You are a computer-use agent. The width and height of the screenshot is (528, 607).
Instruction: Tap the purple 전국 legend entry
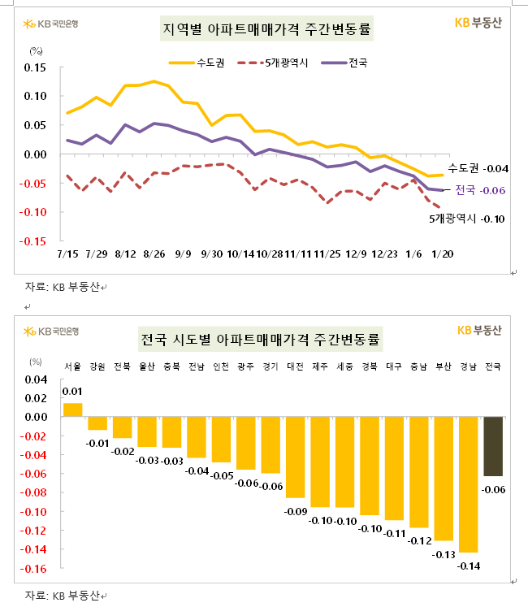345,61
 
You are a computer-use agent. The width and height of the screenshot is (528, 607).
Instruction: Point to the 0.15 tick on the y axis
35,67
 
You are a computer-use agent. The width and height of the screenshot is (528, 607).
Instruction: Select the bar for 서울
72,410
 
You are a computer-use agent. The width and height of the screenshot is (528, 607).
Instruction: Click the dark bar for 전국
493,446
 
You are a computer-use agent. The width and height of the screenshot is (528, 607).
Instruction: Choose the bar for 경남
468,484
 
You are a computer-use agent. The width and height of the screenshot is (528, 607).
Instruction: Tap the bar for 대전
296,457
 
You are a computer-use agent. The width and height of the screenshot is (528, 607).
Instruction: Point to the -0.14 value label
469,566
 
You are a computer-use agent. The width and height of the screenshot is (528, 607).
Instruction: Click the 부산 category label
444,366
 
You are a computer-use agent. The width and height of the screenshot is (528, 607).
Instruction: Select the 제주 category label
320,366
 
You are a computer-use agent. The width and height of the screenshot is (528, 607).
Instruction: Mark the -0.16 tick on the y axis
35,568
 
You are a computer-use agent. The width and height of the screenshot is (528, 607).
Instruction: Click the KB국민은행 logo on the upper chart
58,331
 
